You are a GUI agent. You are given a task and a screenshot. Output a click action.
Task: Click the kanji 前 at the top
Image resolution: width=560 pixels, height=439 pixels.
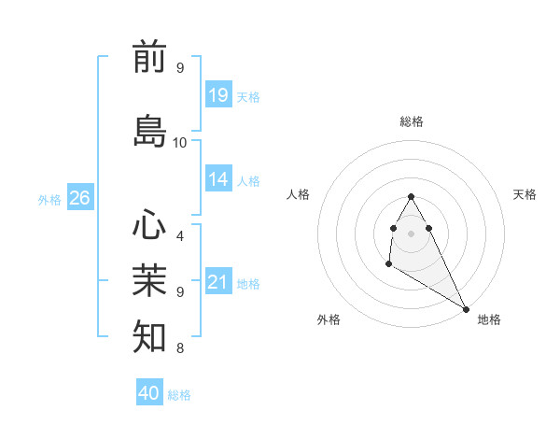click(x=150, y=57)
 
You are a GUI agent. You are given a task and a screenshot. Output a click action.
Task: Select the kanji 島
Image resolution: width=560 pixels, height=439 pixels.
click(x=150, y=131)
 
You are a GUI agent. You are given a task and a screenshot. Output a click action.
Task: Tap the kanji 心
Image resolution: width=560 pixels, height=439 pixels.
click(x=150, y=225)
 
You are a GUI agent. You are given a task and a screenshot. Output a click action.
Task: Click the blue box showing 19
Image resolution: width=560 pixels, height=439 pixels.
click(x=218, y=94)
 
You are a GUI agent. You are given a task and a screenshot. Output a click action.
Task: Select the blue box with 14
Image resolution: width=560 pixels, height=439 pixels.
click(x=218, y=179)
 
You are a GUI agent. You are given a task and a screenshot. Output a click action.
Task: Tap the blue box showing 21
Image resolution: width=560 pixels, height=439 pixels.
click(x=218, y=282)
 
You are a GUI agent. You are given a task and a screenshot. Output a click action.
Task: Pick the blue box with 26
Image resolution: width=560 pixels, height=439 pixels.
click(x=80, y=198)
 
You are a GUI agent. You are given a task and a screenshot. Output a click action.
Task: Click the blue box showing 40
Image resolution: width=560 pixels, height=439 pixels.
click(x=149, y=393)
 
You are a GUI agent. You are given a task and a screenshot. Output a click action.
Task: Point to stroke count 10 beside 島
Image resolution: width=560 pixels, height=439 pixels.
click(x=180, y=143)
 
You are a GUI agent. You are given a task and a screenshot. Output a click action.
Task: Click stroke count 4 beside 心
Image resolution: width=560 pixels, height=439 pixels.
click(x=180, y=236)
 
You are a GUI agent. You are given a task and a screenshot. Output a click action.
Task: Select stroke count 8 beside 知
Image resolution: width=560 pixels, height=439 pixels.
click(x=180, y=348)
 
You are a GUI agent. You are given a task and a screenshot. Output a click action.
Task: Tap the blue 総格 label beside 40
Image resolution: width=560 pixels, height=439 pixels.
click(x=179, y=395)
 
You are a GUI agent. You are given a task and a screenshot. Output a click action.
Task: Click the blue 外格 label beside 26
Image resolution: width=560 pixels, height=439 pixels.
click(x=49, y=199)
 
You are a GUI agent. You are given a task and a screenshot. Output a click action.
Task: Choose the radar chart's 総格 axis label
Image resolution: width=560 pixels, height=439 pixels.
click(x=412, y=121)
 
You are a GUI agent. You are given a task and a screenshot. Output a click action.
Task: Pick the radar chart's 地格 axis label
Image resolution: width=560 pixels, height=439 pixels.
click(x=489, y=319)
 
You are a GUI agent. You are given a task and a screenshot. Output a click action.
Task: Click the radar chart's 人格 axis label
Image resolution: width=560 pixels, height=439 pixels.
click(x=299, y=194)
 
